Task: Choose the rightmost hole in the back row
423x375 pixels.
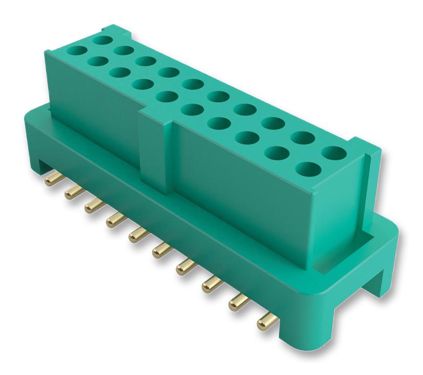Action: pyautogui.click(x=333, y=152)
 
